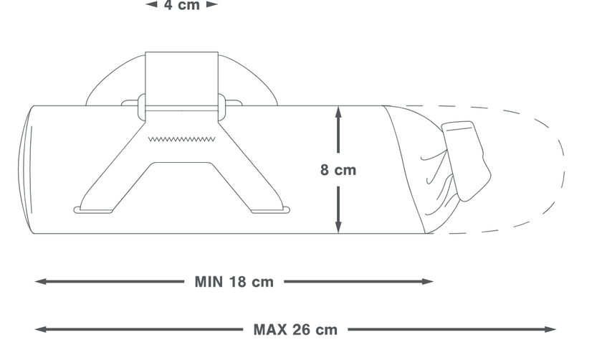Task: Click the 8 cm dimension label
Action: click(x=338, y=170)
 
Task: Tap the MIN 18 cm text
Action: click(x=234, y=282)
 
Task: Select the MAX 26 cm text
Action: click(x=295, y=330)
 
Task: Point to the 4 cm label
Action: click(x=181, y=5)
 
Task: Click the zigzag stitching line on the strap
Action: click(x=181, y=139)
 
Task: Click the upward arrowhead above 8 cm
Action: click(x=338, y=112)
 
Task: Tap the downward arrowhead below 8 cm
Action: click(x=338, y=227)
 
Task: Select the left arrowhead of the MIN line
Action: click(x=41, y=282)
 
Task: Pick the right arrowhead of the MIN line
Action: click(x=428, y=282)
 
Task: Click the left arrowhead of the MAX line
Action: click(x=41, y=329)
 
